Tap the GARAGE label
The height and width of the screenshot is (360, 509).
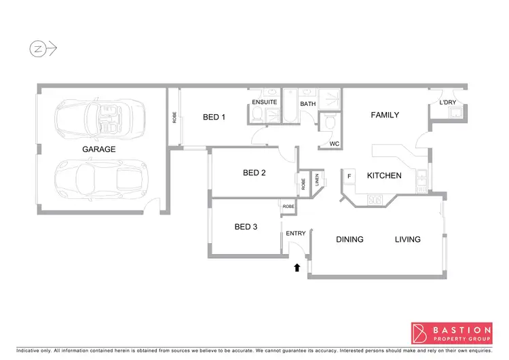pyautogui.click(x=99, y=149)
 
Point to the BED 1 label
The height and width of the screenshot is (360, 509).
pyautogui.click(x=214, y=118)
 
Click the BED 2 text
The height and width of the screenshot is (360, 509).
pyautogui.click(x=254, y=173)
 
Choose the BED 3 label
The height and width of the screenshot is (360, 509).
pyautogui.click(x=245, y=227)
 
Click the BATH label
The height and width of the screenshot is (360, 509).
pyautogui.click(x=308, y=105)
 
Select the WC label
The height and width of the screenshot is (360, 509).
pyautogui.click(x=334, y=144)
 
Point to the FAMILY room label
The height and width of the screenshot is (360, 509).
pyautogui.click(x=384, y=115)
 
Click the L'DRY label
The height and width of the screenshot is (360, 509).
pyautogui.click(x=448, y=103)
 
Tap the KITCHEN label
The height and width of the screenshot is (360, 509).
pyautogui.click(x=384, y=176)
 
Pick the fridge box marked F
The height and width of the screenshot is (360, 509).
pyautogui.click(x=350, y=177)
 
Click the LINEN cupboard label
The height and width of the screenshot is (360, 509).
pyautogui.click(x=317, y=181)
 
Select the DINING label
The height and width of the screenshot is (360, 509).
pyautogui.click(x=350, y=240)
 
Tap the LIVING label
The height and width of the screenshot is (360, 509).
pyautogui.click(x=408, y=240)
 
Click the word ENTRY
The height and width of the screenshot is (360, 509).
pyautogui.click(x=296, y=234)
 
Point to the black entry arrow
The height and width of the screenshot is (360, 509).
pyautogui.click(x=297, y=268)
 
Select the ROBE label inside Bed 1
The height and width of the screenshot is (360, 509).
pyautogui.click(x=174, y=116)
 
